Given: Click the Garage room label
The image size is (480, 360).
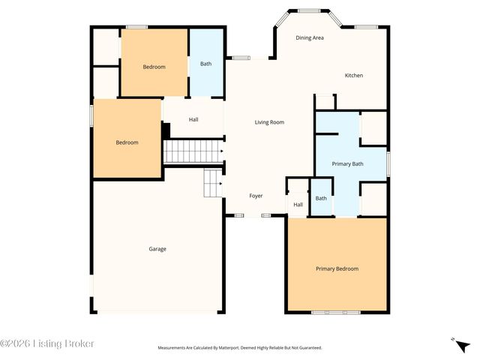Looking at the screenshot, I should click(x=157, y=249).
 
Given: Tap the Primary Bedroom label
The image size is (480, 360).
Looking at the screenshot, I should click(x=337, y=268).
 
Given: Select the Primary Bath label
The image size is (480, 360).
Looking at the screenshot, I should click(x=347, y=163).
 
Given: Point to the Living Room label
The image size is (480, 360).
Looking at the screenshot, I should click(x=269, y=122).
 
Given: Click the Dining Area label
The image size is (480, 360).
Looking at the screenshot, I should click(x=310, y=37).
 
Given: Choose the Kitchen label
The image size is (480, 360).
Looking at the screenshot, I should click(x=354, y=76).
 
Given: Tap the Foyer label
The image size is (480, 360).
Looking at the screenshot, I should click(x=256, y=196).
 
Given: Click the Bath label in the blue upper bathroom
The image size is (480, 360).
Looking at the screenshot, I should click(x=205, y=64).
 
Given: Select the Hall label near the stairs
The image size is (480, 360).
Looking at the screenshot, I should click(x=193, y=119).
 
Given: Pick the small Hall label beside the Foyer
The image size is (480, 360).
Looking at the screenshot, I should click(x=298, y=205).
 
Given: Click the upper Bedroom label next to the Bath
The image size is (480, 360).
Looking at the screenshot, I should click(x=154, y=67).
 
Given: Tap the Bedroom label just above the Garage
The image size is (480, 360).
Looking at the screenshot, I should click(x=127, y=142).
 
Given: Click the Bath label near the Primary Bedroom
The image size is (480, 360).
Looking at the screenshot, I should click(x=321, y=198).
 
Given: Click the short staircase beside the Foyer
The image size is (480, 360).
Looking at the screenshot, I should click(x=214, y=183).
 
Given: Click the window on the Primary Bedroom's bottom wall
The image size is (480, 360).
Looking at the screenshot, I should click(x=336, y=312).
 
